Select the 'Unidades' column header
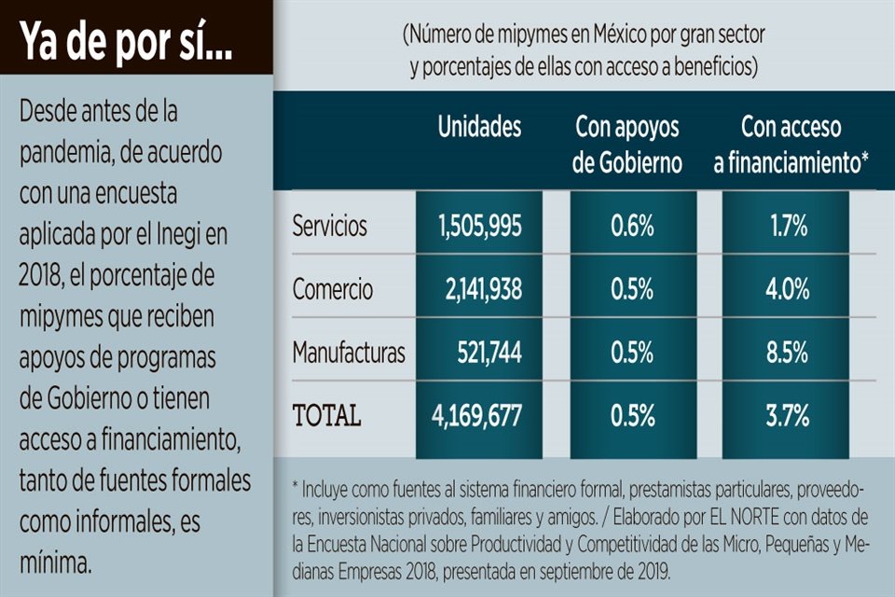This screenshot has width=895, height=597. tap(479, 128)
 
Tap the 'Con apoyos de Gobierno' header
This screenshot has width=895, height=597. tap(627, 146)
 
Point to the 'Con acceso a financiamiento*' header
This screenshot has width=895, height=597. tap(792, 146)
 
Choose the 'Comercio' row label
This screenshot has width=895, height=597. tap(332, 289)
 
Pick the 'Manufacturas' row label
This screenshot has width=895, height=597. tap(349, 353)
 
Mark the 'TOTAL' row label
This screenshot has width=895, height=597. tap(326, 416)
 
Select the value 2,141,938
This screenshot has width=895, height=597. tap(483, 289)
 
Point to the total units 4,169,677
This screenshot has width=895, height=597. tap(479, 416)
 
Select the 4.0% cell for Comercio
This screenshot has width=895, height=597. tap(788, 289)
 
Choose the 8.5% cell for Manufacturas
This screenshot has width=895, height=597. tap(788, 353)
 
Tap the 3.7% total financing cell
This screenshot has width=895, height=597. tap(788, 416)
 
